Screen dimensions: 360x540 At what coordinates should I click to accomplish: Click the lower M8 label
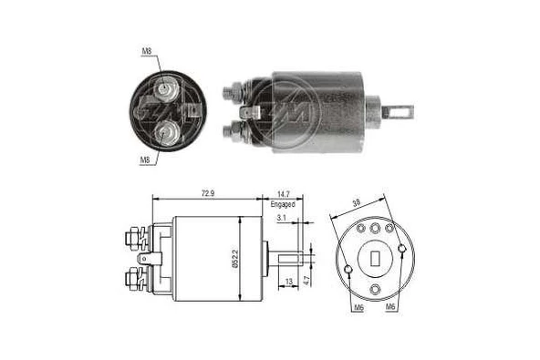(x=145, y=159)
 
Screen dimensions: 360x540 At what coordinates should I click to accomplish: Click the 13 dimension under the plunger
(x=289, y=282)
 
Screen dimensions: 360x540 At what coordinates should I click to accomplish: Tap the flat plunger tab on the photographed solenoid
(x=399, y=115)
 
